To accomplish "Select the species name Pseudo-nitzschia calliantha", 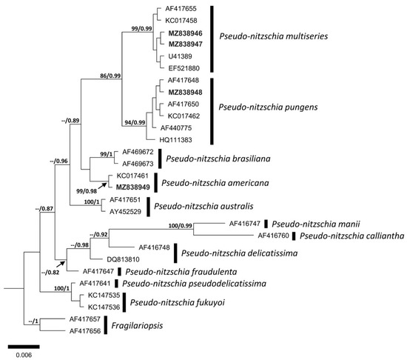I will [349, 236].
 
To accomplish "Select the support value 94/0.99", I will [138, 122].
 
